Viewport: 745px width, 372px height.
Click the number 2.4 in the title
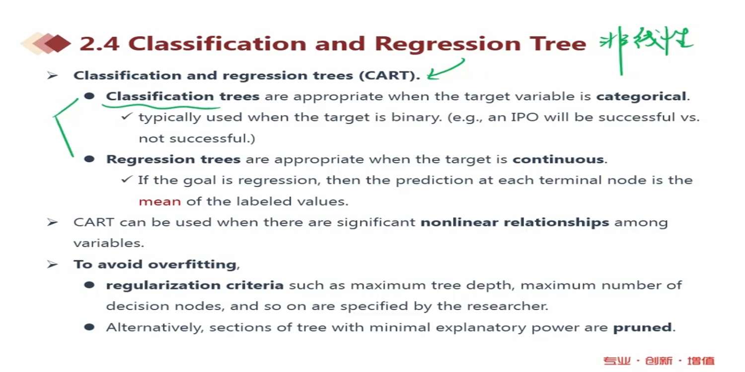point(99,44)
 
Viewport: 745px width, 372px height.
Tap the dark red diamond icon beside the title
point(58,44)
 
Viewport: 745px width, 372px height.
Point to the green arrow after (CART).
point(446,69)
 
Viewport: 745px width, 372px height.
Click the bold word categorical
point(641,96)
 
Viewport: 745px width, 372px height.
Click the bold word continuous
point(558,159)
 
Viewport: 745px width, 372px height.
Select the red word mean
point(159,201)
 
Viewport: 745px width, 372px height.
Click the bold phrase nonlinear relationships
point(515,222)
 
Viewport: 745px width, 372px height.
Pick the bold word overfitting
point(192,264)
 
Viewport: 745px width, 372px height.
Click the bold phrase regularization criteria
point(195,285)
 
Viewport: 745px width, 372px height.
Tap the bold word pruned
point(642,328)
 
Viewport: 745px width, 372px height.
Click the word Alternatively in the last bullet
point(154,327)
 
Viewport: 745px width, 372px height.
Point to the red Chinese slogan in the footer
point(659,361)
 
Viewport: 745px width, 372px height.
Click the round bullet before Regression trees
point(89,159)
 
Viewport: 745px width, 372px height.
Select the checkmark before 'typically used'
point(127,116)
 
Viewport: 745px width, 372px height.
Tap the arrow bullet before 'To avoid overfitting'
point(52,264)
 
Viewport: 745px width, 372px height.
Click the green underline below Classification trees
point(161,107)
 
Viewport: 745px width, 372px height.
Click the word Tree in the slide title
point(558,44)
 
